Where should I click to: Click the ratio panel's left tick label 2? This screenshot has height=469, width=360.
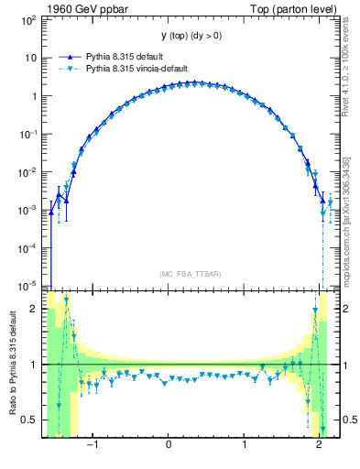pos(34,310)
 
